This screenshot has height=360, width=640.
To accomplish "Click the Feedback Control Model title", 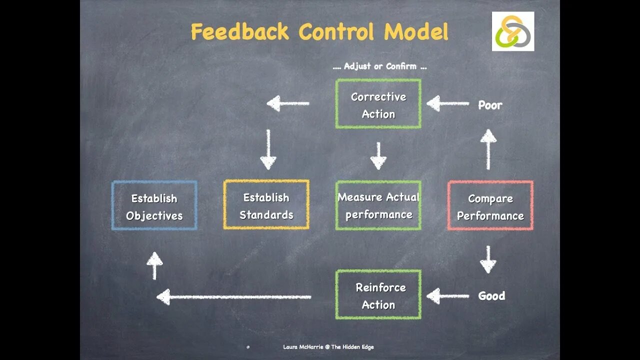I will point(319,32).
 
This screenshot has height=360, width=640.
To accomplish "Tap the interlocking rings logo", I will point(513,31).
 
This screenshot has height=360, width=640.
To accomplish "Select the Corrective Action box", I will point(378,104).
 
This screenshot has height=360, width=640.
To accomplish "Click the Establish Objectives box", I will point(154,205).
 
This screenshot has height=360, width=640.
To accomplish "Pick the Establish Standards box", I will point(266,205).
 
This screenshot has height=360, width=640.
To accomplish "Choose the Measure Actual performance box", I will point(378,205).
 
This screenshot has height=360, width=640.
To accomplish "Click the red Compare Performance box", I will point(490,205).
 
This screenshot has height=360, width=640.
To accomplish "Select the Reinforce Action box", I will point(378,295).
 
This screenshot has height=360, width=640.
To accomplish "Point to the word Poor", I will point(490,105).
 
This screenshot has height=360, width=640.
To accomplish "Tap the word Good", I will point(491,296).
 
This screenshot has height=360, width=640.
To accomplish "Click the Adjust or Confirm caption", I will point(380,66).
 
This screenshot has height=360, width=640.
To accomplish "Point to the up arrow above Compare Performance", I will point(488,149).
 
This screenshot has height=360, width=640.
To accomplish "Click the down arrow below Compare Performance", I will point(488,259).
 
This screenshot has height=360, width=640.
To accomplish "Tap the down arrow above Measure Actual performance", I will point(378,155).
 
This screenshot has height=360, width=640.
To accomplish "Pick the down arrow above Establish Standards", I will point(268,149).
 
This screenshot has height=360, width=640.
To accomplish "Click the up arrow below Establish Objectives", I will point(154,265).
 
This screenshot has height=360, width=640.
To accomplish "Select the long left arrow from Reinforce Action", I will point(233,297).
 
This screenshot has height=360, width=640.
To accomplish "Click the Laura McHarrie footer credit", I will point(328,347).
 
